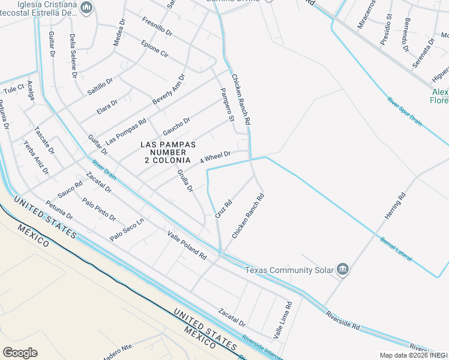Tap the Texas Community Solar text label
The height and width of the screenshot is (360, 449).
pos(289,269)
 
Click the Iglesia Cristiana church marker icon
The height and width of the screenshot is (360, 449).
pos(87,7)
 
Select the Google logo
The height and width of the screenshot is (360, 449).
pos(20,353)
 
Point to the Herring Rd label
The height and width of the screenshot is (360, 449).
pos(396,205)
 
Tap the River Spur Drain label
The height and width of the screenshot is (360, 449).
pos(405,110)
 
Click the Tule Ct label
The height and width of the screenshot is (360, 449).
pos(13,89)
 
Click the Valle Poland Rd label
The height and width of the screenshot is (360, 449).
pos(187,245)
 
